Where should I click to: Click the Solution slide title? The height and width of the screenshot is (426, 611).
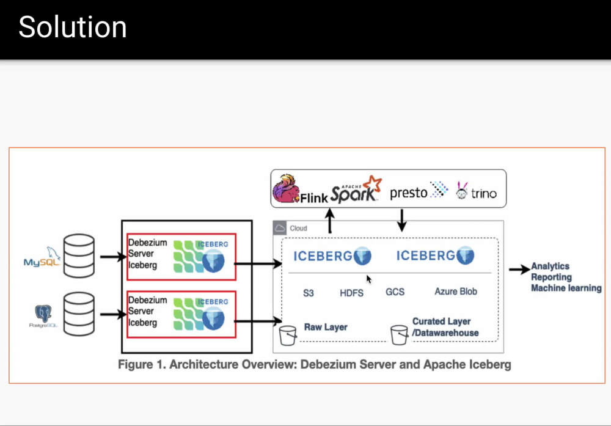tap(73, 28)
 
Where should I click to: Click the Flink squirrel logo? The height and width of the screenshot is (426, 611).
tap(286, 189)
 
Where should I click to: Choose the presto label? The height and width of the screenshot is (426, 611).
tap(409, 193)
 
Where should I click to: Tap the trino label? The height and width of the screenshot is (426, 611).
tap(483, 194)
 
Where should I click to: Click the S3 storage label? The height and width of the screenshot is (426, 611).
tap(309, 293)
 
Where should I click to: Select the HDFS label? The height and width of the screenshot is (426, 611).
tap(351, 293)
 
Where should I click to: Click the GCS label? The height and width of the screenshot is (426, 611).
tap(395, 292)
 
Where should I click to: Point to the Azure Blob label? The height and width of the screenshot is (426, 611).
tap(456, 292)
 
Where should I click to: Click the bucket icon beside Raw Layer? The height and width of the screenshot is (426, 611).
tap(287, 336)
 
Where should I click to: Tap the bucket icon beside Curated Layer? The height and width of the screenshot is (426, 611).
tap(399, 334)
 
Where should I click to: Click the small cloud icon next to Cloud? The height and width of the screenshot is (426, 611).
tap(280, 228)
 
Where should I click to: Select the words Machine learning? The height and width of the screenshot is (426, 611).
tap(566, 288)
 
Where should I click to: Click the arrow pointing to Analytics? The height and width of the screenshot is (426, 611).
tap(519, 269)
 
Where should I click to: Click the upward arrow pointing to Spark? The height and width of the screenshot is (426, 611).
tap(330, 220)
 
